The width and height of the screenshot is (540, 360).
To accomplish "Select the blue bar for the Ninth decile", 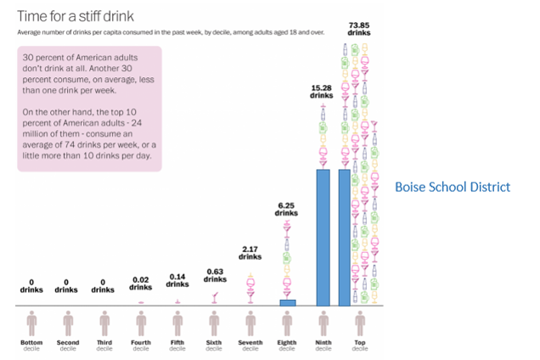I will point(323,237).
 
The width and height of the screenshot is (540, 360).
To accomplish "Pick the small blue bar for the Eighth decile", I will point(287,302).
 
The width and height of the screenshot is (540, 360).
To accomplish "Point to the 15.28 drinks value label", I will point(323,92).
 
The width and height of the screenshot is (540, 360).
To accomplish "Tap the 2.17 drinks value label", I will point(250,252).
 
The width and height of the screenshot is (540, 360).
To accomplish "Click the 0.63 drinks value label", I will point(214,275).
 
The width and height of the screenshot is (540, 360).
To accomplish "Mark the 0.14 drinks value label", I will point(177,280).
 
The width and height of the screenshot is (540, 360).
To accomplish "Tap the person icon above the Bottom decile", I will point(31,323).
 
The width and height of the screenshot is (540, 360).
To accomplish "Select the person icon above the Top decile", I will point(360,323).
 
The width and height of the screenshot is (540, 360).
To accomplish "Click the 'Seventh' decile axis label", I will point(250,343).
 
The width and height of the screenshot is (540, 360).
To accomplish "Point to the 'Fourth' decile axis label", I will point(141,343).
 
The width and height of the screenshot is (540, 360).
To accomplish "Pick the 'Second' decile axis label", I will point(68,343).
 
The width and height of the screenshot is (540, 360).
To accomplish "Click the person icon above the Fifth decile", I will point(177,323).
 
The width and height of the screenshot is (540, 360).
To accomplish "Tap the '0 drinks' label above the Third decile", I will point(104,285).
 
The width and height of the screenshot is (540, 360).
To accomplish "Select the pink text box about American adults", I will point(89,108).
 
